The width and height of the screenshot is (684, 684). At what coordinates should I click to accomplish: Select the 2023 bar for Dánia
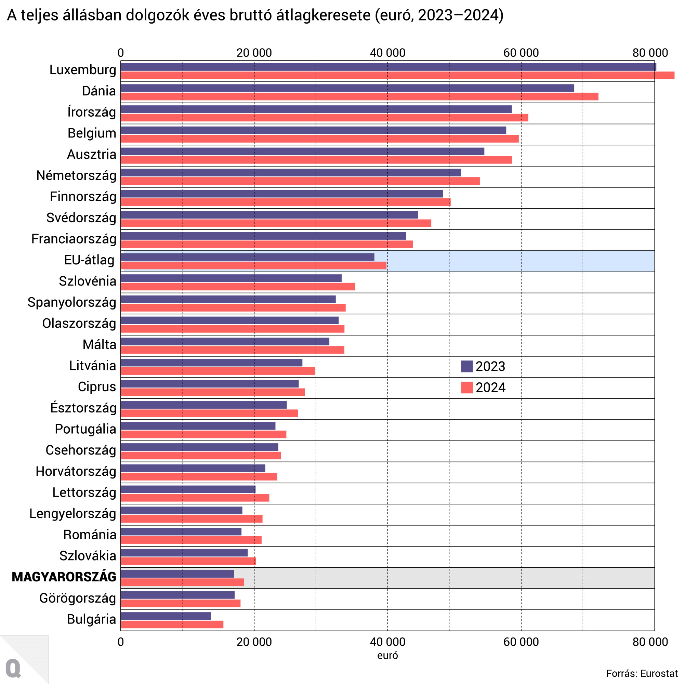(347, 88)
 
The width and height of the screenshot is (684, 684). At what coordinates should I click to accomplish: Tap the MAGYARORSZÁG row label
(64, 577)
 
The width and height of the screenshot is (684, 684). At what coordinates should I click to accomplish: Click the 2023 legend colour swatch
(466, 366)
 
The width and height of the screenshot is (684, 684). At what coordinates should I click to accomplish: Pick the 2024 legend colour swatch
(466, 388)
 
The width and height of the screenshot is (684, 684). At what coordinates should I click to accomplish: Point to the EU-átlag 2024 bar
(253, 265)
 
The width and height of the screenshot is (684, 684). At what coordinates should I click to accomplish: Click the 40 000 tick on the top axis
(387, 53)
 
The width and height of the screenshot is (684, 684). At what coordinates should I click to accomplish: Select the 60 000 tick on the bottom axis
(521, 642)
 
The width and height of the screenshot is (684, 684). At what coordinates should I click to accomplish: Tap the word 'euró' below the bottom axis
(387, 656)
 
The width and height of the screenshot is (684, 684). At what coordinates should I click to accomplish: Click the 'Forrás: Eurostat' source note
(642, 673)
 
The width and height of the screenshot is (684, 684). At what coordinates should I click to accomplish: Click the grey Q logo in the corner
(13, 668)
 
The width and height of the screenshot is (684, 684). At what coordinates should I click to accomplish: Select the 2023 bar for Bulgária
(166, 616)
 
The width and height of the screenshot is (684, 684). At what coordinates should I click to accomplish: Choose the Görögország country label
(78, 598)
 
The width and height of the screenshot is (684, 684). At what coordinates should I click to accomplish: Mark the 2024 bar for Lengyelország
(192, 519)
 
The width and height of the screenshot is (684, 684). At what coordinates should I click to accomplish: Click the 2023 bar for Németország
(291, 173)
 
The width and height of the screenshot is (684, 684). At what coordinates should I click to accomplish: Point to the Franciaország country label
(74, 239)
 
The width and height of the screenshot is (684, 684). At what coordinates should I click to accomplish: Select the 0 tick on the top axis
(121, 53)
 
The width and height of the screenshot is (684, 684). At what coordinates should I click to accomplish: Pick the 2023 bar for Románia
(181, 532)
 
